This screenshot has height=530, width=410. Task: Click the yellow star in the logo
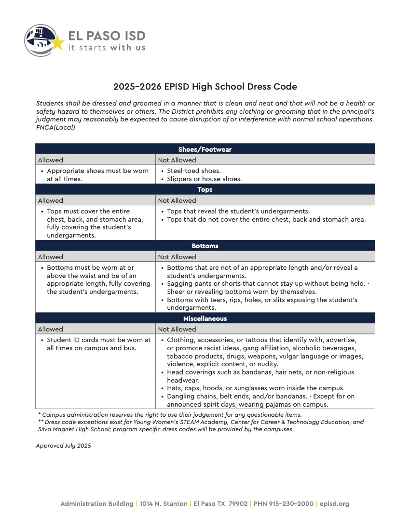tap(57, 43)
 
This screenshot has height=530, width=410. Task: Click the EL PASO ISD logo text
tap(107, 36)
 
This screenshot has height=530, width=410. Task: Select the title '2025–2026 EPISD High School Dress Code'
tap(205, 87)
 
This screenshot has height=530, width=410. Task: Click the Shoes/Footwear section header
tap(205, 149)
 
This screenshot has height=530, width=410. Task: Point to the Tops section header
tap(205, 189)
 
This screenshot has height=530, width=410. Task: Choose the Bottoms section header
tap(205, 246)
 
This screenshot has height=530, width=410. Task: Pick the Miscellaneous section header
tap(205, 318)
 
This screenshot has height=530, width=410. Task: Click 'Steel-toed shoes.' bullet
tap(193, 171)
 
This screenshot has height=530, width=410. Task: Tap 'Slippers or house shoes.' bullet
tap(204, 179)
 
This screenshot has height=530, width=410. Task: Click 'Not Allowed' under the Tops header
tap(177, 200)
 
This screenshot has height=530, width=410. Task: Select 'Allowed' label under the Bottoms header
tap(51, 257)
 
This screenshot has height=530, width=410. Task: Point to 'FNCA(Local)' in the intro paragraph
tap(55, 128)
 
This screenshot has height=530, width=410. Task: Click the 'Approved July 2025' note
tap(63, 446)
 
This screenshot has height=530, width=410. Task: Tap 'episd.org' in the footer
tap(334, 503)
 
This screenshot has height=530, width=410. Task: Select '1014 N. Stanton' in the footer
tap(164, 503)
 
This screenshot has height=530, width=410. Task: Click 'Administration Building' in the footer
tap(97, 503)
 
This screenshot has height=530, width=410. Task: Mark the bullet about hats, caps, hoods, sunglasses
tap(256, 388)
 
